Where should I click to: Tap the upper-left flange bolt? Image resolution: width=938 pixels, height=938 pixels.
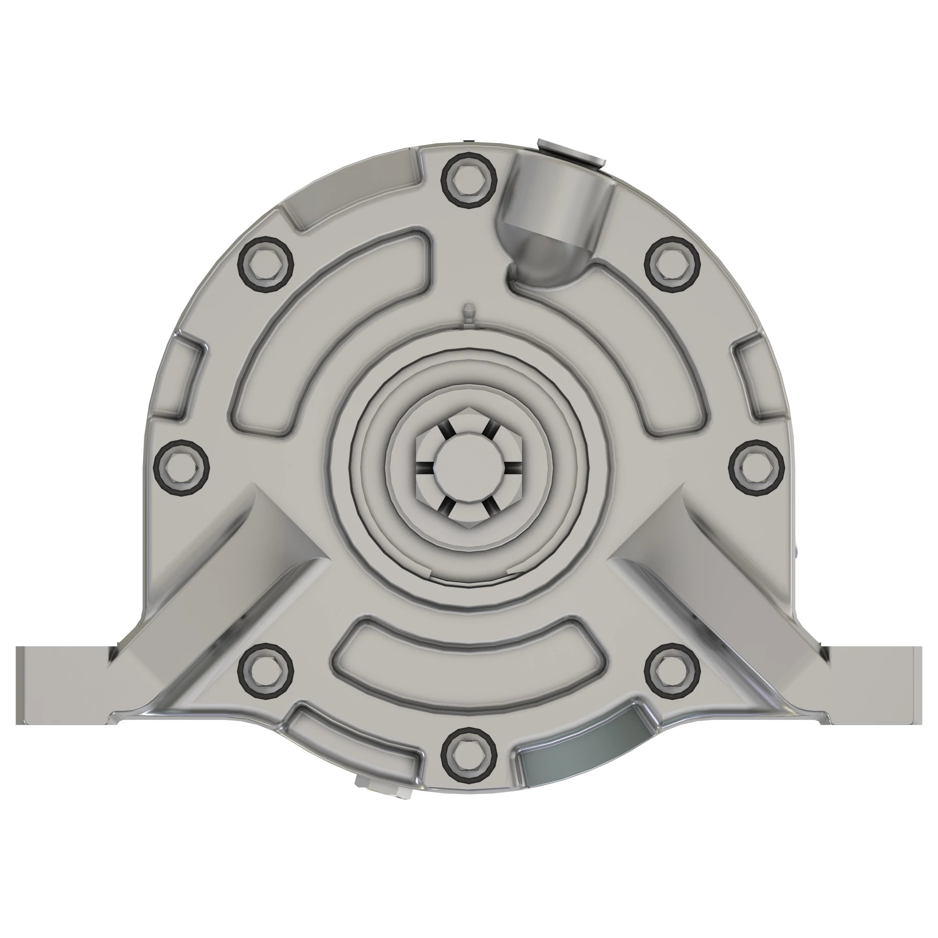point(266,265)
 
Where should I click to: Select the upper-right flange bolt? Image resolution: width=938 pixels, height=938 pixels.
point(672,264)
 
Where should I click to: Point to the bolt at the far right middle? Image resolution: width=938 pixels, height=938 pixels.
point(757,468)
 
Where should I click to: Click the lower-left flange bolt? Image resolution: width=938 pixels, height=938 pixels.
point(266,672)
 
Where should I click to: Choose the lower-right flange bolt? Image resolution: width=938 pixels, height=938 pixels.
point(672,672)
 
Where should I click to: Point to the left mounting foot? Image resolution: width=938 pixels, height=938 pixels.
point(63,685)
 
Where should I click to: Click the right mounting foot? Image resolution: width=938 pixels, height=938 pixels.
point(874,685)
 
